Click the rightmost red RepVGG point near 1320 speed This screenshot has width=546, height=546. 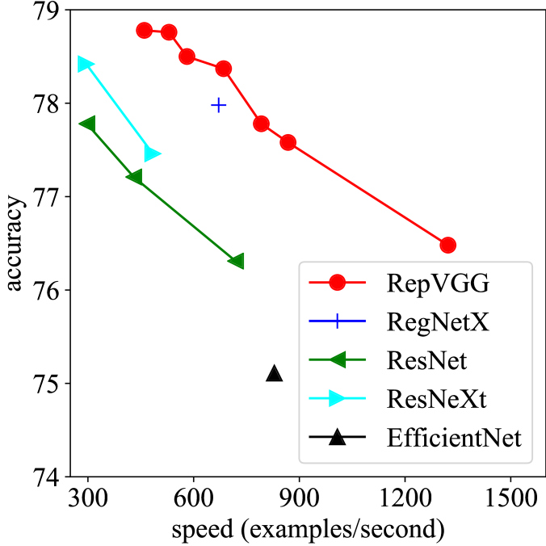coord(447,245)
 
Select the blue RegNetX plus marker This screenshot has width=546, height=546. coord(218,104)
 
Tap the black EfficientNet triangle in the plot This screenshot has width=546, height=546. coord(275,373)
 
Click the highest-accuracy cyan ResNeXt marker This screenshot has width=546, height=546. coord(85,64)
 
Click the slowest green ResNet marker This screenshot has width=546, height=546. coord(88,124)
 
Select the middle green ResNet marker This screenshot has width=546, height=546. coord(135,177)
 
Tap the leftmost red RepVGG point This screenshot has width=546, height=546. coord(145,31)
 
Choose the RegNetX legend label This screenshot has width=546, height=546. coord(438,321)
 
